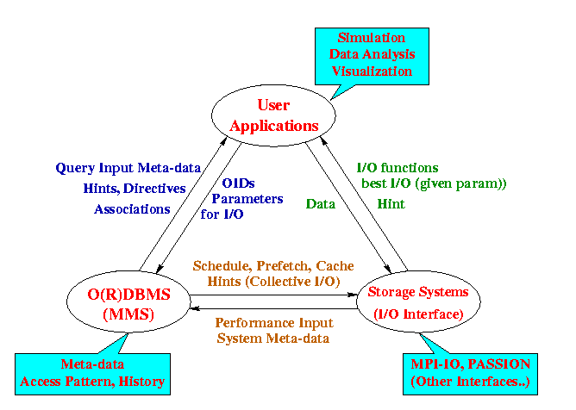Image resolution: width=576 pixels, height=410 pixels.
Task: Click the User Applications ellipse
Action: point(275,115)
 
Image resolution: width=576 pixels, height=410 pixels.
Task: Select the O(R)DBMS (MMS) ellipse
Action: point(128,303)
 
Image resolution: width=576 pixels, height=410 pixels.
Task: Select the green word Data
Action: point(321,203)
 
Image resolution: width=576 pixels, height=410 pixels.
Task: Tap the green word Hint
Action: point(391,203)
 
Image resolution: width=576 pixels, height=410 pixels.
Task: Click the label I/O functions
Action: point(398,168)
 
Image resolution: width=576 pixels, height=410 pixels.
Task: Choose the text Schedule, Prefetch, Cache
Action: point(273,266)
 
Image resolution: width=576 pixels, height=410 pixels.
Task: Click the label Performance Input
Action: point(272,322)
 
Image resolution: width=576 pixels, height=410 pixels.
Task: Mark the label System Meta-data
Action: point(272,338)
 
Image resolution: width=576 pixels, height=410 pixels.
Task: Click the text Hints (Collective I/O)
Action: point(273,282)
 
